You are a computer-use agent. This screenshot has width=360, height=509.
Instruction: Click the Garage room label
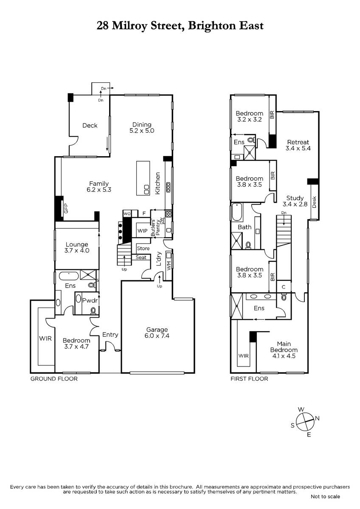coord(157,333)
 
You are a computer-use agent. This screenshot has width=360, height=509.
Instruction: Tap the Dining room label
coord(142,128)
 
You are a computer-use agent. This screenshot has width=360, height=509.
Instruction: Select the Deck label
coord(90,126)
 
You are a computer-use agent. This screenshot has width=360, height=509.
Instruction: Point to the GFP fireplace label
coord(66,208)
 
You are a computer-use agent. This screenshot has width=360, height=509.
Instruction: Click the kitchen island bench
coord(143,178)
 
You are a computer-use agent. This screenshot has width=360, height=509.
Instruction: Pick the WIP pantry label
coord(142,231)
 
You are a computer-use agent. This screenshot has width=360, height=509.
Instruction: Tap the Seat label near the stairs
coord(141,257)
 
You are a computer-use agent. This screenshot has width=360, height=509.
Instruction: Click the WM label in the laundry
coord(169,266)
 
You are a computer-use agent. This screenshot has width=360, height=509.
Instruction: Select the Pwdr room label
coord(90,301)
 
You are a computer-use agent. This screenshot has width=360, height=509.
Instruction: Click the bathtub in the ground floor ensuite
coord(69,276)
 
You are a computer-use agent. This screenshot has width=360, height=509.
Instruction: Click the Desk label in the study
coord(314,202)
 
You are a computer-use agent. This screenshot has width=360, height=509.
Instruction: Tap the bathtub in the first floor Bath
coord(237,212)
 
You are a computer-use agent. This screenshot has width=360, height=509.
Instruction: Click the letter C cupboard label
coord(283,287)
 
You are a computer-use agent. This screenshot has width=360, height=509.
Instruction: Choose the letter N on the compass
coord(317,418)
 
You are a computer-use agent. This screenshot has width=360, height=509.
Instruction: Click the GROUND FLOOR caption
coord(54,379)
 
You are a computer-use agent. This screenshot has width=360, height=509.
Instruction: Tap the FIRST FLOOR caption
coord(249,379)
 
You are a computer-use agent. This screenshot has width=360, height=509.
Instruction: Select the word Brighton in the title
coord(212,26)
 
